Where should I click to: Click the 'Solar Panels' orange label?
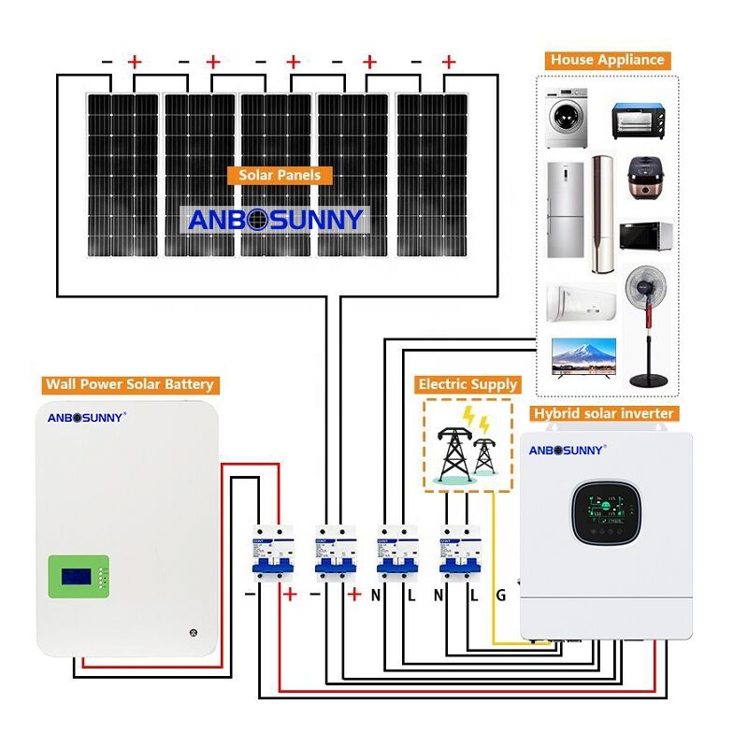click(x=280, y=175)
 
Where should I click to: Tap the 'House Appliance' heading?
click(x=607, y=60)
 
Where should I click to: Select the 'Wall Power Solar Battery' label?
click(x=130, y=384)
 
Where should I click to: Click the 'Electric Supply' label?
click(x=467, y=384)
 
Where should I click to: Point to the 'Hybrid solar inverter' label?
click(x=603, y=413)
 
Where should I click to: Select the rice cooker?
click(x=640, y=181)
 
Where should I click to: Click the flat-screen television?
click(x=584, y=356)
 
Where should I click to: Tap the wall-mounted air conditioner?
click(x=580, y=301)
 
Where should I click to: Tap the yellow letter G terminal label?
click(x=500, y=595)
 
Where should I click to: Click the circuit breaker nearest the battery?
click(x=268, y=555)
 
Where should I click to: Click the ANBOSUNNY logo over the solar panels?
click(x=274, y=220)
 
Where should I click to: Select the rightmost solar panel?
click(x=431, y=175)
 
